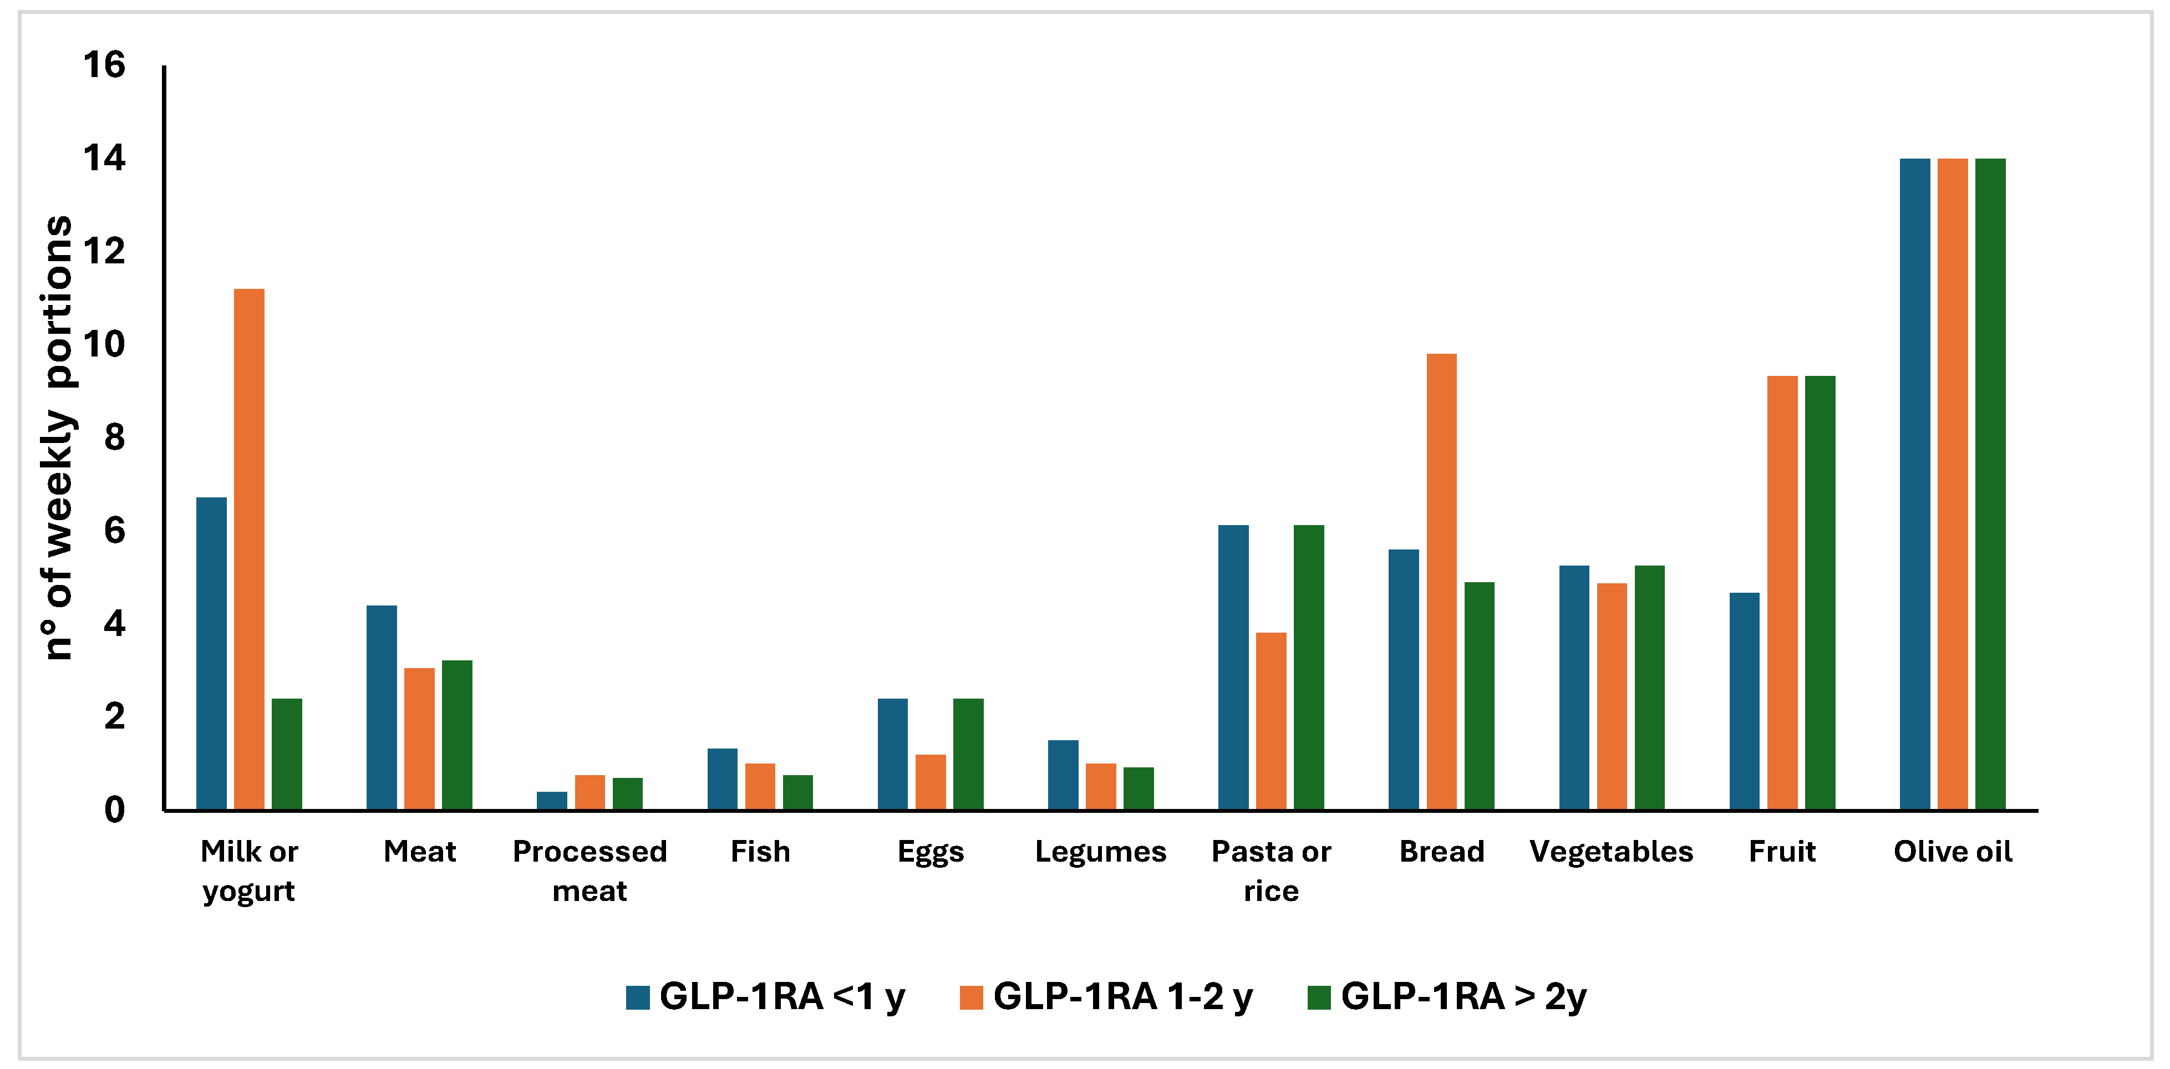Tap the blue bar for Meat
point(381,707)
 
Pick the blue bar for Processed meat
point(552,800)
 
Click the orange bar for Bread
point(1441,581)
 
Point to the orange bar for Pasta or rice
point(1271,720)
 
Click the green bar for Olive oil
point(1990,485)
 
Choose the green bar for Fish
point(798,792)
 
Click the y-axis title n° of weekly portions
point(57,438)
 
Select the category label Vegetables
point(1610,852)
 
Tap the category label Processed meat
point(589,870)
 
